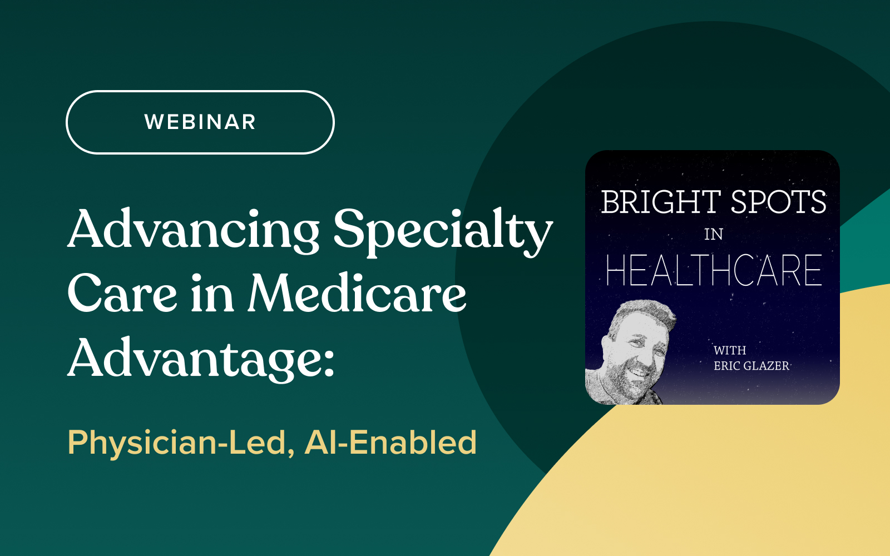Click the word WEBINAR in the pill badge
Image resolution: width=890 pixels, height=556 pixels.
pyautogui.click(x=200, y=122)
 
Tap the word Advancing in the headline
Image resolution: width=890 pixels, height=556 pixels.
pyautogui.click(x=194, y=230)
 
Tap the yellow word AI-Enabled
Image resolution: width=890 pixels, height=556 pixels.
pyautogui.click(x=390, y=442)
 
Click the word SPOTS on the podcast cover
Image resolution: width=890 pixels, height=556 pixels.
pyautogui.click(x=778, y=202)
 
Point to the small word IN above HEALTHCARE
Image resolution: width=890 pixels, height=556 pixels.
pyautogui.click(x=714, y=235)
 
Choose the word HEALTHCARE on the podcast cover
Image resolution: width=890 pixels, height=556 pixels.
pyautogui.click(x=714, y=270)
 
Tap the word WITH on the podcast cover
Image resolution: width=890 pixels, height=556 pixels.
pyautogui.click(x=730, y=350)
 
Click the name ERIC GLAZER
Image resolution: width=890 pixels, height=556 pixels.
pyautogui.click(x=751, y=366)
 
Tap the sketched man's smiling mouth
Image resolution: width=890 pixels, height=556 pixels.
pyautogui.click(x=639, y=373)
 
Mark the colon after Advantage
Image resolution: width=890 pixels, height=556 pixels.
pyautogui.click(x=329, y=364)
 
